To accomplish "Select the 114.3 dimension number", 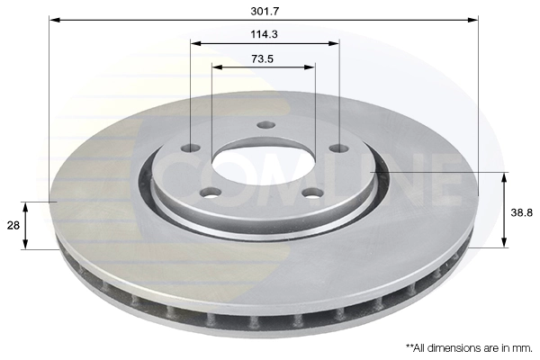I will [264, 33].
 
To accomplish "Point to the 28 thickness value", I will [12, 225].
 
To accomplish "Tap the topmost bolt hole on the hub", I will [263, 125].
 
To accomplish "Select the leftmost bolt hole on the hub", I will [191, 148].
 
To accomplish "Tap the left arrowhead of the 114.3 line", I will [195, 43].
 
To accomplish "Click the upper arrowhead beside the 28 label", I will [26, 206].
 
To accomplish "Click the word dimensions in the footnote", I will [446, 346].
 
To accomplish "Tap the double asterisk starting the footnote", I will [410, 346].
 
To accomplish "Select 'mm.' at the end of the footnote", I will [522, 346].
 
